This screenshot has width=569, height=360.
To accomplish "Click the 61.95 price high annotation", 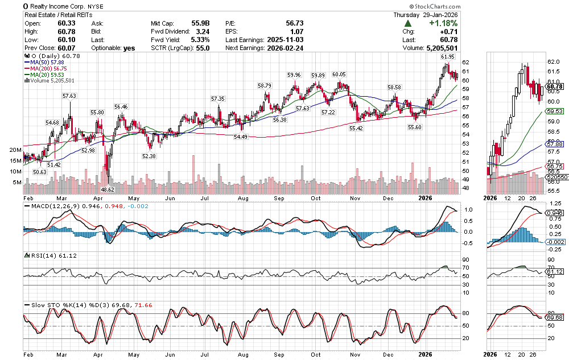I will (x=448, y=57).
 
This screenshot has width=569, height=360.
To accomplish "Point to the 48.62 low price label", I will (x=108, y=189).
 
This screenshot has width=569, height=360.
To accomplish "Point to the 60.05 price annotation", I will (x=339, y=75).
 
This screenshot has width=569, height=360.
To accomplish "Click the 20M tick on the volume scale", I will (x=15, y=150).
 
